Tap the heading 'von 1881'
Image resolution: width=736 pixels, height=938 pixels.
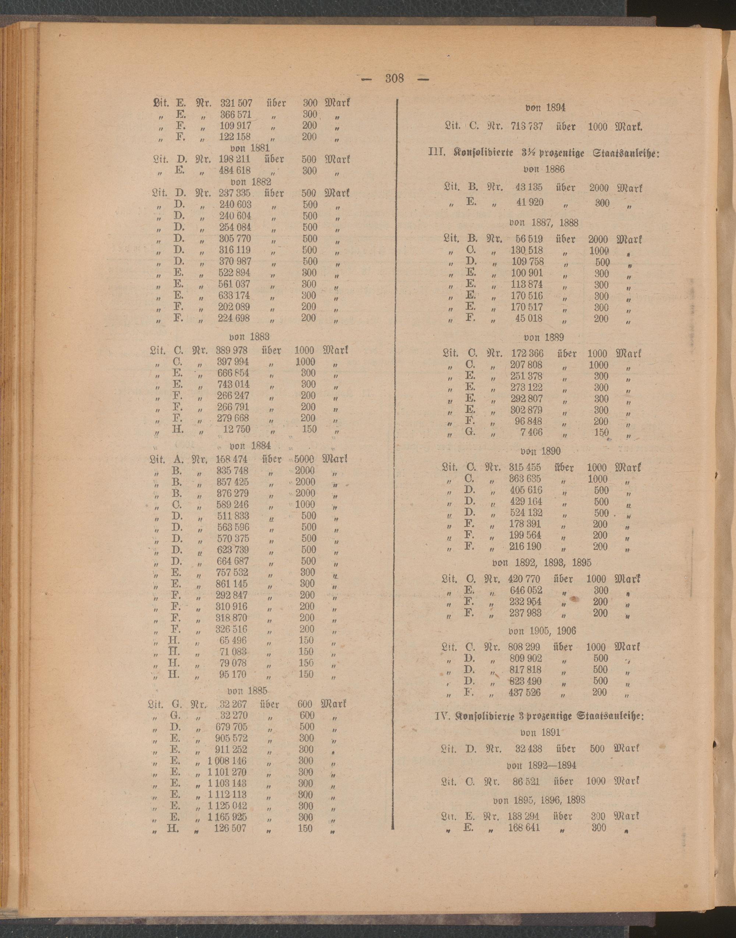click(250, 148)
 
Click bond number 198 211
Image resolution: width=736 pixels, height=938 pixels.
click(235, 159)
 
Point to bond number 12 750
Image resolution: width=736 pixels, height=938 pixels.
click(236, 429)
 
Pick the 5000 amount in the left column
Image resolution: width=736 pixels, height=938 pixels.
click(304, 459)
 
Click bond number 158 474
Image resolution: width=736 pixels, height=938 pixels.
click(232, 459)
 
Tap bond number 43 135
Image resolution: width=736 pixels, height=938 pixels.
click(529, 188)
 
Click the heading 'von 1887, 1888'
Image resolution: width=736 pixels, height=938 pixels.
click(544, 223)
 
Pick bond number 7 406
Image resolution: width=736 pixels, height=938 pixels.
click(532, 433)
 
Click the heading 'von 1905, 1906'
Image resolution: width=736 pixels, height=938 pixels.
click(542, 631)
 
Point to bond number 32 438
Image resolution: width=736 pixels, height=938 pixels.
click(529, 749)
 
